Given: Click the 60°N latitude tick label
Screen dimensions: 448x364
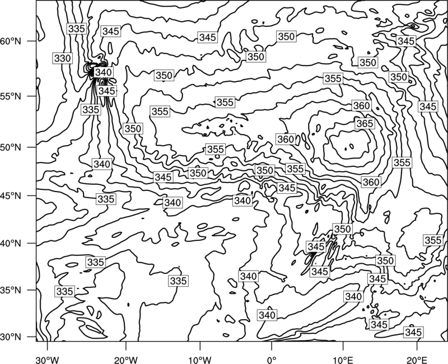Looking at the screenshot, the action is [11, 41].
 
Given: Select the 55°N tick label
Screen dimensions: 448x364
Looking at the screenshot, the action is [11, 96].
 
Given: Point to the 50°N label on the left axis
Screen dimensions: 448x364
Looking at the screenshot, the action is [11, 147].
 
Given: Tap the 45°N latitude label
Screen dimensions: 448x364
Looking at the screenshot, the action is [11, 195].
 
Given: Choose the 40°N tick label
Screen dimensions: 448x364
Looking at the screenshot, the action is [11, 244].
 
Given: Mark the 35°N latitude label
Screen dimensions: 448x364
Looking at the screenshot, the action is [11, 290].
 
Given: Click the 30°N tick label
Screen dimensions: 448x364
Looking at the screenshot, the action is [11, 337].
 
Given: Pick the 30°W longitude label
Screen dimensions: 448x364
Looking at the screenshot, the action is [47, 360].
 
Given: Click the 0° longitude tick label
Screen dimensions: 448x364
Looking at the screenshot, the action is [272, 360].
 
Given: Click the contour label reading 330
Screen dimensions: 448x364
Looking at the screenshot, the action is [62, 58].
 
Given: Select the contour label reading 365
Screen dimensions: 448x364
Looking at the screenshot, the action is [365, 123].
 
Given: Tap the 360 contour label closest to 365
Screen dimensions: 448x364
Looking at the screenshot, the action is [361, 106].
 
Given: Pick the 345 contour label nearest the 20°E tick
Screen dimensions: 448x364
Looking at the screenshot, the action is [413, 332].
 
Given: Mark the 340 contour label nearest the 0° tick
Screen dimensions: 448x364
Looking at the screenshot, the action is [267, 315].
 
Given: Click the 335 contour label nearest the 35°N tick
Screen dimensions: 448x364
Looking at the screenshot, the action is [65, 291].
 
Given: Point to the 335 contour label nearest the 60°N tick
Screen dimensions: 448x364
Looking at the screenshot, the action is [77, 29].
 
